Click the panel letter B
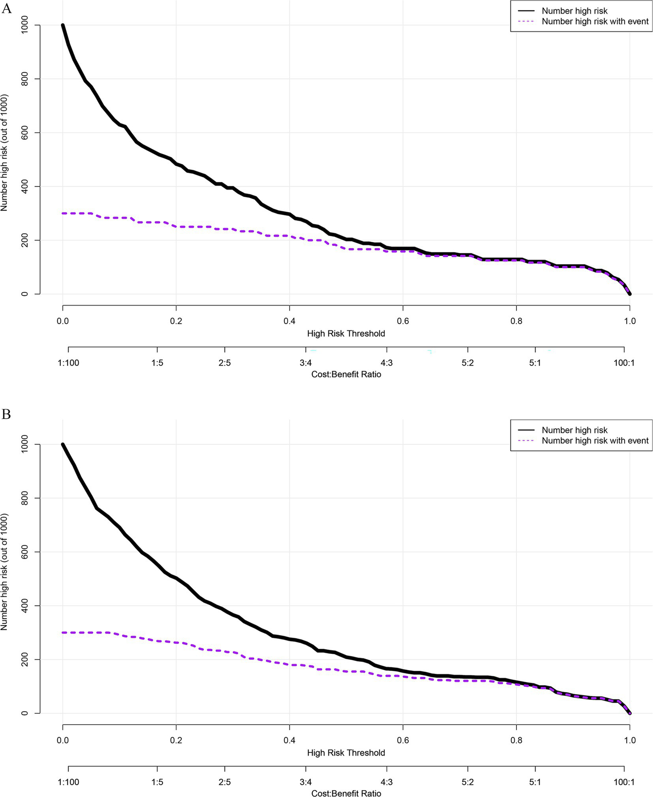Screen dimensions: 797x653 pyautogui.click(x=6, y=414)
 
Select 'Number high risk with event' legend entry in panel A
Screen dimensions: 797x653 pyautogui.click(x=595, y=22)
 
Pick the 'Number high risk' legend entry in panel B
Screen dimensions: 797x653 pyautogui.click(x=574, y=430)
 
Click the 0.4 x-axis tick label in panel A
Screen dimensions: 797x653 pyautogui.click(x=289, y=321)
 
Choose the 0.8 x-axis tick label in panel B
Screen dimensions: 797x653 pyautogui.click(x=516, y=740)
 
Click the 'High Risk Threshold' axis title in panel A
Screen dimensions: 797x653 pyautogui.click(x=346, y=334)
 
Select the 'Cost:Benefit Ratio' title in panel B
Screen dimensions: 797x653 pyautogui.click(x=346, y=793)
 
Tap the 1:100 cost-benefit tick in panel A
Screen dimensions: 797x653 pyautogui.click(x=68, y=363)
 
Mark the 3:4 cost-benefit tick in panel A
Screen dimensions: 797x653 pyautogui.click(x=305, y=363)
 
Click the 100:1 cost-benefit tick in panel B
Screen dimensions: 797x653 pyautogui.click(x=624, y=782)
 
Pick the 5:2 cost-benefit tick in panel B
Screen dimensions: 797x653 pyautogui.click(x=468, y=782)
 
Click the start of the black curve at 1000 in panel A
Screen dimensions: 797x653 pyautogui.click(x=63, y=26)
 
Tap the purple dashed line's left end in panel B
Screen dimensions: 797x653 pyautogui.click(x=63, y=632)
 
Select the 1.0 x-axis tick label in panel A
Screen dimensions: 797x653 pyautogui.click(x=630, y=321)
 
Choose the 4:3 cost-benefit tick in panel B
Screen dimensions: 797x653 pyautogui.click(x=386, y=782)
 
